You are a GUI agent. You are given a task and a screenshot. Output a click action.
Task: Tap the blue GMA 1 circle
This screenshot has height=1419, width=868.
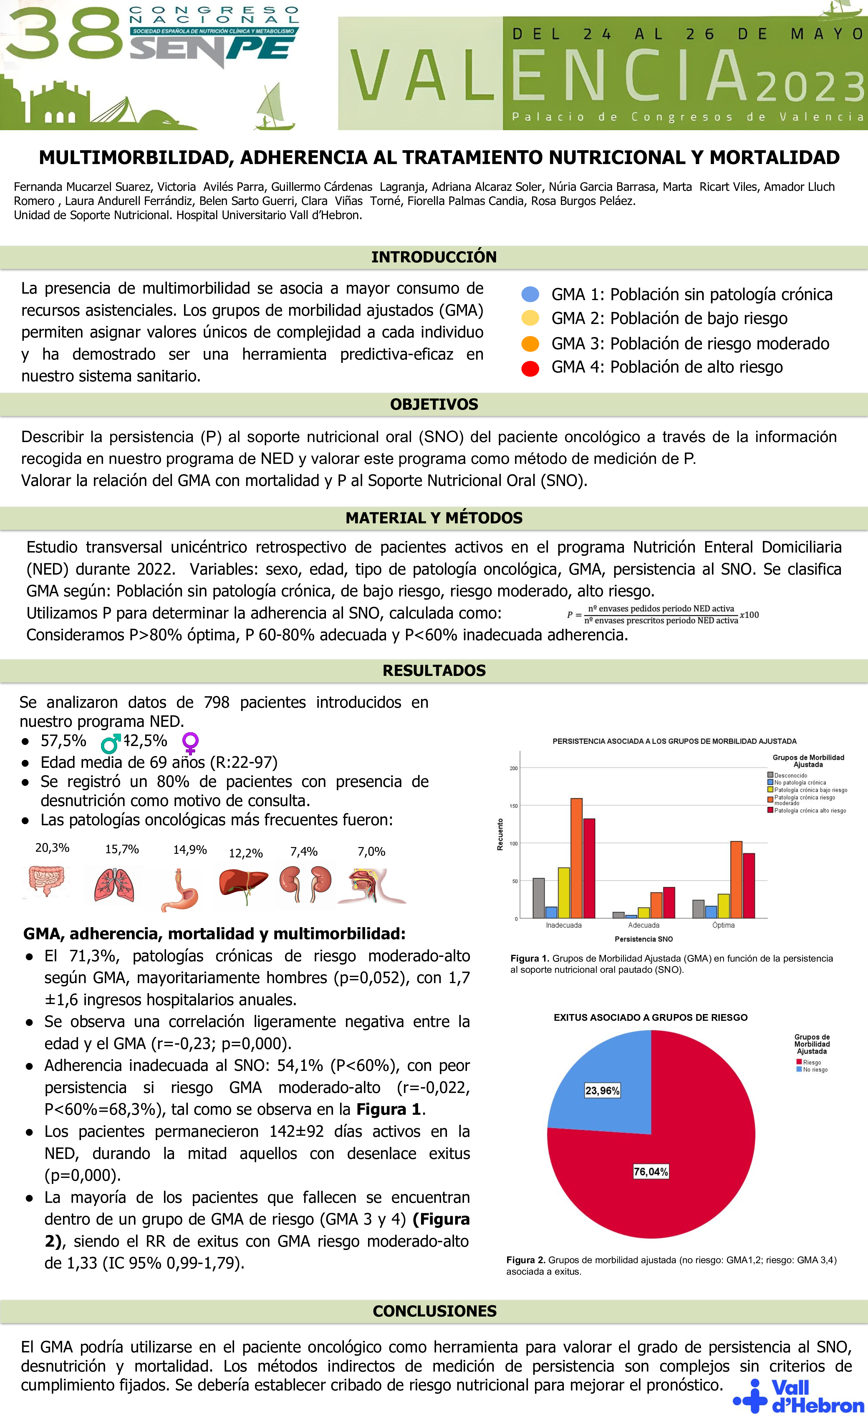[530, 294]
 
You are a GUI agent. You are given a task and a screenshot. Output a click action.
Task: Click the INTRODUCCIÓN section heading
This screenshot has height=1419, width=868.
[434, 257]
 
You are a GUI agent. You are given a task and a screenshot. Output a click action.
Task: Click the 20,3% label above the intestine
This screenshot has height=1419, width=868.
[52, 848]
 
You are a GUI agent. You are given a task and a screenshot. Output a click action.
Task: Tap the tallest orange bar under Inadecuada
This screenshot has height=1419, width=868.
[576, 858]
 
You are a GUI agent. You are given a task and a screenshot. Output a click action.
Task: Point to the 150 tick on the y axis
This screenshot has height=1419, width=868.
[513, 806]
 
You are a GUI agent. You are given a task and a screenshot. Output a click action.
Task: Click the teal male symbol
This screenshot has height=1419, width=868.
[110, 743]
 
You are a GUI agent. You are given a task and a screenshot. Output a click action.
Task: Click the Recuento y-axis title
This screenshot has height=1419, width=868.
[500, 834]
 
